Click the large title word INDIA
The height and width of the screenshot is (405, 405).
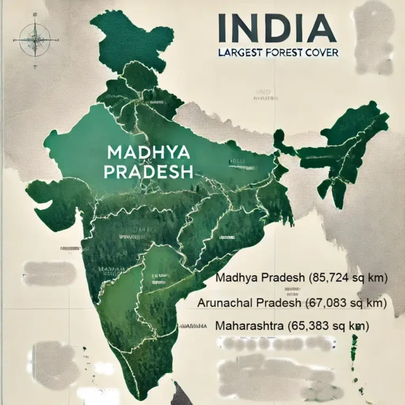point(276,27)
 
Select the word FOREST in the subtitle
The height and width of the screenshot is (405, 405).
point(287,52)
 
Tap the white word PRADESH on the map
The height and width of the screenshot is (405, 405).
point(148,172)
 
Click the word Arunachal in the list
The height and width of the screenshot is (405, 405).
point(226,302)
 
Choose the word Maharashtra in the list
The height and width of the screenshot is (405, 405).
point(247,326)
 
